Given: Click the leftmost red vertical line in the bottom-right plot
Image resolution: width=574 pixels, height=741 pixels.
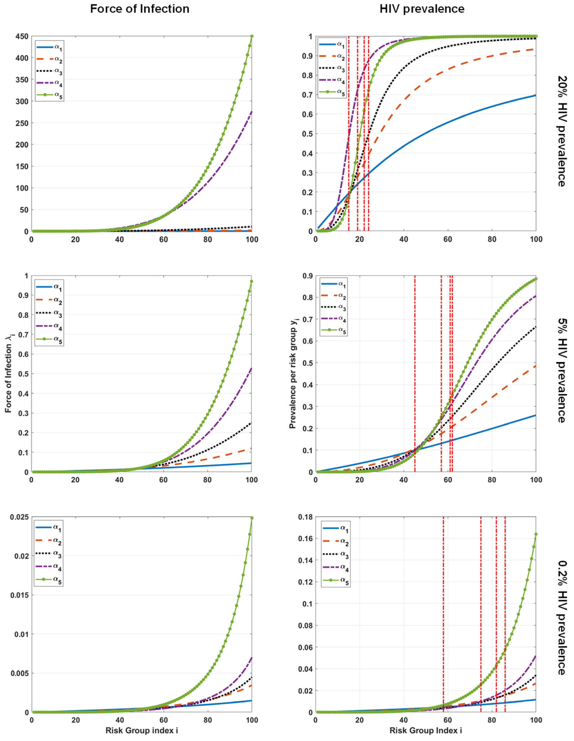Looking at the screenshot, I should [443, 611].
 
